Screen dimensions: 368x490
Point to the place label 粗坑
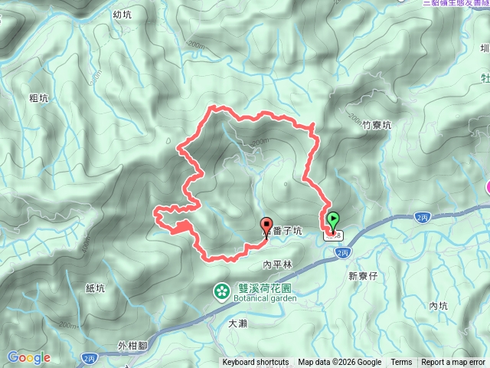(39, 98)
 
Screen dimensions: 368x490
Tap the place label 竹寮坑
(377, 124)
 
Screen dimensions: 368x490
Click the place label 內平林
(278, 264)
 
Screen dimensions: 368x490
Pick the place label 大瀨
(238, 324)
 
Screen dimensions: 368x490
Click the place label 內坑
(439, 306)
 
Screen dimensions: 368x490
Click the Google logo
(28, 357)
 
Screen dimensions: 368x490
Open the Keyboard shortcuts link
(256, 363)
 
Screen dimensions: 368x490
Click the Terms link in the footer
(401, 363)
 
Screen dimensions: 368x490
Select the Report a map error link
(453, 363)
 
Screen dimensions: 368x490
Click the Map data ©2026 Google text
(340, 363)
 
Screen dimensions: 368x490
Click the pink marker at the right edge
(487, 186)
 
